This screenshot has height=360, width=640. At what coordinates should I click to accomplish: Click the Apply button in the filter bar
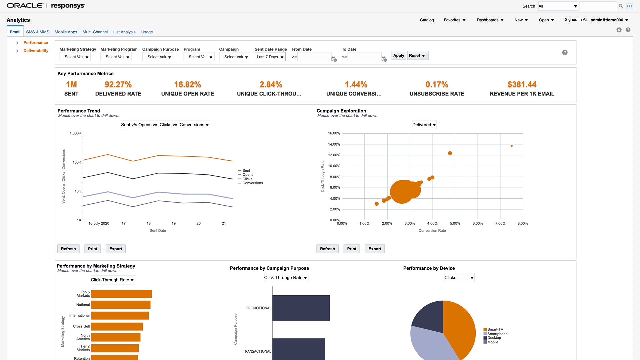coord(398,56)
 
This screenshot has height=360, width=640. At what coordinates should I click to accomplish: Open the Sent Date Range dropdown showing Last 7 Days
coord(270,57)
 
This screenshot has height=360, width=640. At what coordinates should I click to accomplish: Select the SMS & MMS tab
coord(38,32)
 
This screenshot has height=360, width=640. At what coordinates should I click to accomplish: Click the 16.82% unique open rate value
coord(187,85)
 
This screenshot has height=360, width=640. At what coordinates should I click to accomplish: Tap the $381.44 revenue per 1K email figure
coord(522,85)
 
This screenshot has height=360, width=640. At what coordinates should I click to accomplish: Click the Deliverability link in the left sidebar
coord(36,51)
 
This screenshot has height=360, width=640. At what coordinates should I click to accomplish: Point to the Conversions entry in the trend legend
coord(252,183)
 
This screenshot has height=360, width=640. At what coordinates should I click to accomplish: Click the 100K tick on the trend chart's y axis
coord(77,162)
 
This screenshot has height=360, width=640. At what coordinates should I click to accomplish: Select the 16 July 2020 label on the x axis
coord(99,223)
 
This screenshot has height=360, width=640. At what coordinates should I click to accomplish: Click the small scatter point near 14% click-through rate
coord(511,146)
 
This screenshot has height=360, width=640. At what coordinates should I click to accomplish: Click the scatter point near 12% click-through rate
coord(450,153)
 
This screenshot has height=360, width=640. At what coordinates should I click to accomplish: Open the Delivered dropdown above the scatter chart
coord(424,125)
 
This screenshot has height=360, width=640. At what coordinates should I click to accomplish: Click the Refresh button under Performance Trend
coord(68,249)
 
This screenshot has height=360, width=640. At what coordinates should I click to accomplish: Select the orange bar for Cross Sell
coord(117,327)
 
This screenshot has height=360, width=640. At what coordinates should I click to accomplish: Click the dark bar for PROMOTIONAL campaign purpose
coord(301,308)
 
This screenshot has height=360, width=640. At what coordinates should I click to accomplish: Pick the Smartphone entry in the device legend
coord(497,334)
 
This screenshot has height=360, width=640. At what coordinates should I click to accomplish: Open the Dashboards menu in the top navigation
coord(490,20)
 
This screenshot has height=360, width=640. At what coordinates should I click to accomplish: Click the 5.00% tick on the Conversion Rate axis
coord(455,224)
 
